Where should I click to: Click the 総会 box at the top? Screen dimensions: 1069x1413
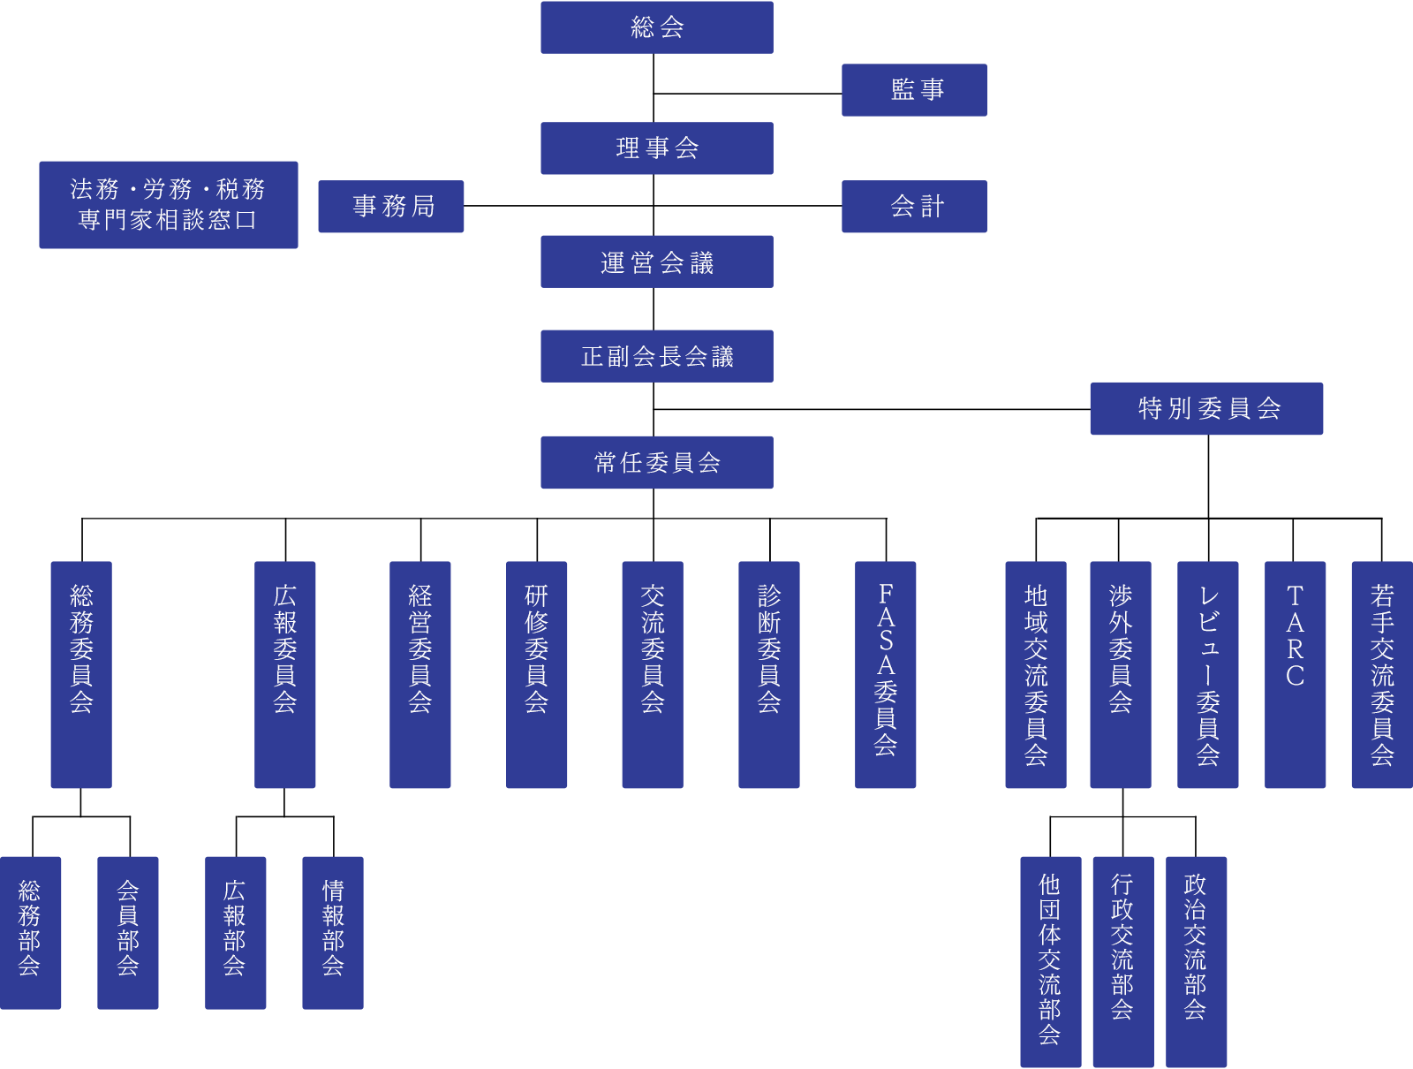coord(657,27)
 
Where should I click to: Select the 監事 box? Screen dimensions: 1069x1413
coord(914,90)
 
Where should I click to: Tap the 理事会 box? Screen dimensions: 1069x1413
coord(657,148)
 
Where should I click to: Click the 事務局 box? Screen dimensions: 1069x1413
coord(390,207)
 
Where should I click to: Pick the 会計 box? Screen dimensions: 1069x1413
coord(914,207)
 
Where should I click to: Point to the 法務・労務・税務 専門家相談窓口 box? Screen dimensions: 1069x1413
coord(168,205)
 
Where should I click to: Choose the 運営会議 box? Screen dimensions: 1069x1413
coord(657,262)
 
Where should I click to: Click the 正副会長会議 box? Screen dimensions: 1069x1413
coord(657,356)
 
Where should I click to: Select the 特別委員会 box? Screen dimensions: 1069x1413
coord(1206,408)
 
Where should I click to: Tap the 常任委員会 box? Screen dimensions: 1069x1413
coord(657,462)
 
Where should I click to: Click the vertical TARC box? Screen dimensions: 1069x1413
coord(1295,674)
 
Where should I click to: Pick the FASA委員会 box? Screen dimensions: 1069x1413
coord(885,674)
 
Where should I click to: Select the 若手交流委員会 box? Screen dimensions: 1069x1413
coord(1382,674)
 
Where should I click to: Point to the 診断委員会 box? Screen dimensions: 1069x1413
coord(768,674)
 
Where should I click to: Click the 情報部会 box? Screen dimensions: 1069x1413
coord(333,932)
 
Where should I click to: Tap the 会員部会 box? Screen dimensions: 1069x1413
coord(128,932)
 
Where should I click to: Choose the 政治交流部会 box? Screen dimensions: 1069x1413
coord(1196,961)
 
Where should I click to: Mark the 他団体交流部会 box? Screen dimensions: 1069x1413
coord(1050,961)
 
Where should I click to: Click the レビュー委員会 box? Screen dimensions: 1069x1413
coord(1207,674)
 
